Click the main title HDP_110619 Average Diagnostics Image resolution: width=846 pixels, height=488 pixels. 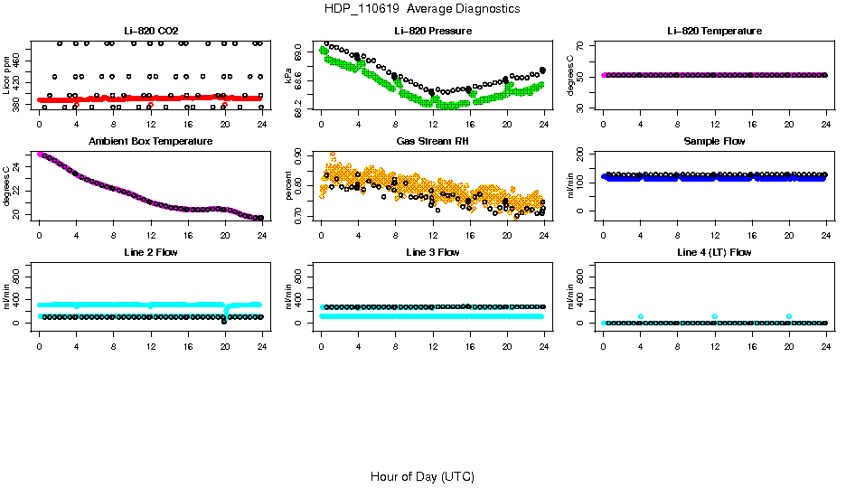click(422, 9)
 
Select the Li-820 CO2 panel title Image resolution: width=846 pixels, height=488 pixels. click(150, 31)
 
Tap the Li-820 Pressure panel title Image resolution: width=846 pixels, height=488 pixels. click(433, 31)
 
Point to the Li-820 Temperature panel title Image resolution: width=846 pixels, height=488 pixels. click(714, 31)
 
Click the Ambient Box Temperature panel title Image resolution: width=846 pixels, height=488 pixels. click(150, 141)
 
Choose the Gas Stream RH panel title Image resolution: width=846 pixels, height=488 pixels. click(433, 141)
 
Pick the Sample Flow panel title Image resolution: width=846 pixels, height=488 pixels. click(714, 141)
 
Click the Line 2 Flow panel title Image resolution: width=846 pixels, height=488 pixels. click(150, 252)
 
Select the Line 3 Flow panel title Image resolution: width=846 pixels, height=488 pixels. click(433, 252)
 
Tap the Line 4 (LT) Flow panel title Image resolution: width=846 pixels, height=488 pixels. click(714, 252)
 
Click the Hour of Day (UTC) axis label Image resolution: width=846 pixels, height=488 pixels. click(422, 476)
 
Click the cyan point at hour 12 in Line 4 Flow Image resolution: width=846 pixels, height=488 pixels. click(715, 316)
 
